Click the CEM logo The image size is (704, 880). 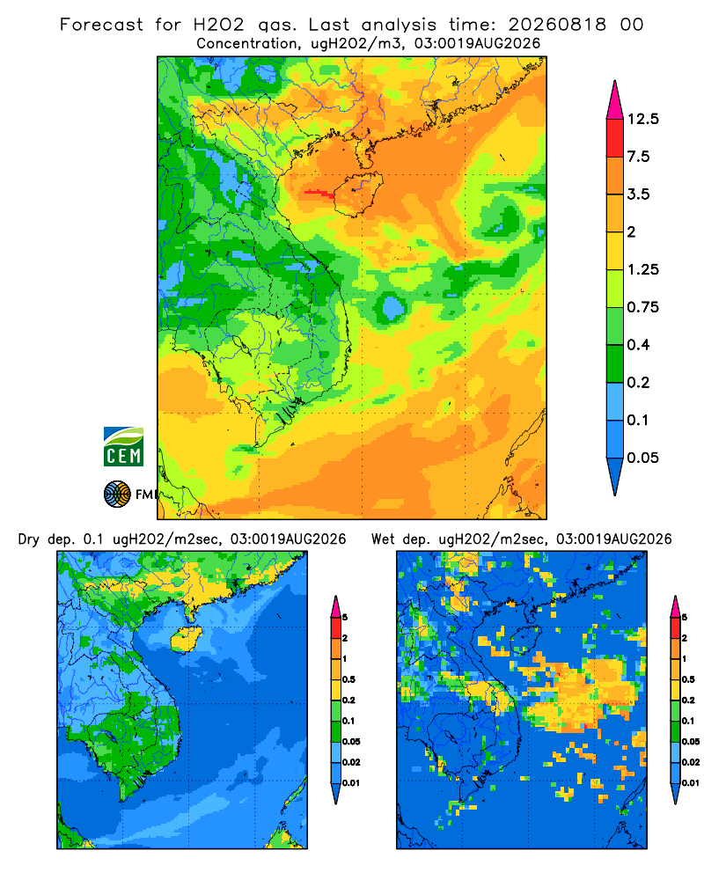pos(123,446)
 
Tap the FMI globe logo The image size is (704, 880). pos(117,494)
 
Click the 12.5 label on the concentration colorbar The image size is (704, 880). pos(642,119)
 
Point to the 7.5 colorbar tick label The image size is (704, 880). pos(638,157)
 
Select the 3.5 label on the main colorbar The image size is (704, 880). pos(638,194)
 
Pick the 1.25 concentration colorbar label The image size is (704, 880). pos(642,269)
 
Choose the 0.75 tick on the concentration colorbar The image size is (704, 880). pos(642,307)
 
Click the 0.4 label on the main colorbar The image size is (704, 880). pos(638,345)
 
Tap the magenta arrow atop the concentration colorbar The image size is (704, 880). pos(615,101)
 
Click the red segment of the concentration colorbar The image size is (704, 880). pos(615,138)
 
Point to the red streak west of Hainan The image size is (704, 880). pos(319,193)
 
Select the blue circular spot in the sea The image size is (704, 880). pos(392,307)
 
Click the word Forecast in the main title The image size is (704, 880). pos(101,25)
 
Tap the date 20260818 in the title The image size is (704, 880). pos(557,25)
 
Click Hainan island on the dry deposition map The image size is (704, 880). pos(186,640)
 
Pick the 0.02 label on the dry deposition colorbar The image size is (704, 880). pos(351,762)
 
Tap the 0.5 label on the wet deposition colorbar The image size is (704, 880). pos(687,679)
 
